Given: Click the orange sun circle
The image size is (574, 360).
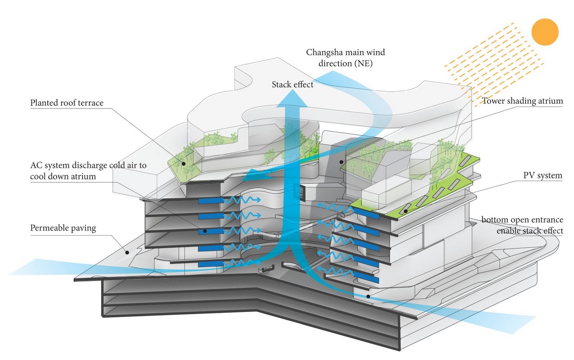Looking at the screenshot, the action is coord(545,32).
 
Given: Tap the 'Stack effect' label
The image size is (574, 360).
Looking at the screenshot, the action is coord(292,84).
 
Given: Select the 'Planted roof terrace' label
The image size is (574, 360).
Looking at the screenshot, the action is coord(67,103).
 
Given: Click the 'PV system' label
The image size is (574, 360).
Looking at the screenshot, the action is coord(543,175).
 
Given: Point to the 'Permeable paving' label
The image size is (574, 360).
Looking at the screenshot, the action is coord(63,228).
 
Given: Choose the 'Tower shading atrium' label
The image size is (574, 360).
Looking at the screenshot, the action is coord(522,101).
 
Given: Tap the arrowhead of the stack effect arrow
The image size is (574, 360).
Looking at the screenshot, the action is coord(292,98).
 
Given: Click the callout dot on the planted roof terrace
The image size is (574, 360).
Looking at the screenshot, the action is coord(183,164).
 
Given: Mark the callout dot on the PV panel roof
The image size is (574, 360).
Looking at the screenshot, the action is coord(405,211).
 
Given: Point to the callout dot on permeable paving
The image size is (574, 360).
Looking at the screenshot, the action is coord(127,252).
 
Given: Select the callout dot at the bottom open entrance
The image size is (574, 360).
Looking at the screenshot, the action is coord(368,296).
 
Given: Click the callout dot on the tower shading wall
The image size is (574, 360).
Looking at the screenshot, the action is coord(341,162).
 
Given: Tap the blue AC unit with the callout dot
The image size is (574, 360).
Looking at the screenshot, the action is coord(211,232).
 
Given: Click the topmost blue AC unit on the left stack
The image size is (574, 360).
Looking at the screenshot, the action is coord(211,200).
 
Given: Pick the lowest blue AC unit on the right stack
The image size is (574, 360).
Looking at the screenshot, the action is coord(366,277).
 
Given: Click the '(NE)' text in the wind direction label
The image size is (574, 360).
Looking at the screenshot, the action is coord(363,63).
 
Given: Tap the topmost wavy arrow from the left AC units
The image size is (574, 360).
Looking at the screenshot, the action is coord(242,200).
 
